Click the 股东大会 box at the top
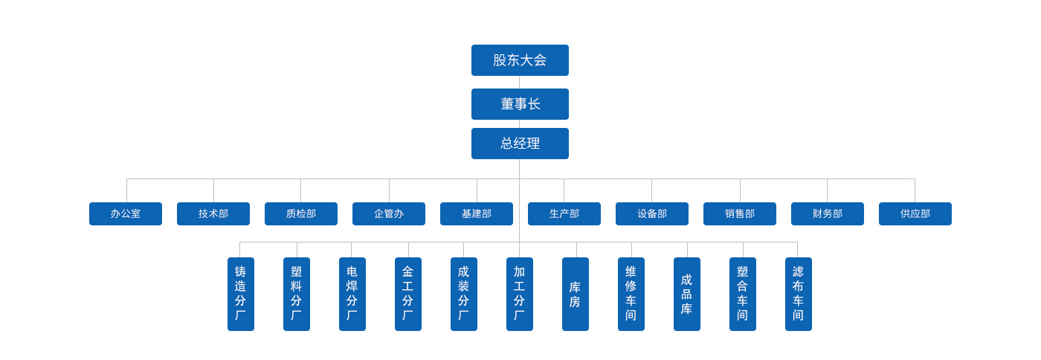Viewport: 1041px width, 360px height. [x=520, y=60]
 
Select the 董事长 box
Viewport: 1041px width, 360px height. [x=520, y=104]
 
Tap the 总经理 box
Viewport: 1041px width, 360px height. [x=520, y=144]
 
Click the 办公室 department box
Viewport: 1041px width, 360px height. [x=126, y=214]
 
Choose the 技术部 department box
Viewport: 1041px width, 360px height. [x=213, y=214]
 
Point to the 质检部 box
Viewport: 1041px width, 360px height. [x=301, y=214]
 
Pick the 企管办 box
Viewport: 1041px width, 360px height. [x=389, y=214]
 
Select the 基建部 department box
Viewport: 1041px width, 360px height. [x=477, y=214]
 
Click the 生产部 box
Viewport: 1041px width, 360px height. [x=564, y=214]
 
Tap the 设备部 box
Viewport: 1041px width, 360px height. [x=652, y=214]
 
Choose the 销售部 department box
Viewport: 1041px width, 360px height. [x=740, y=214]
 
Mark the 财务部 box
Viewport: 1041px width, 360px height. [x=828, y=214]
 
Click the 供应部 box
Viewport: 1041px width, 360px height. [x=915, y=214]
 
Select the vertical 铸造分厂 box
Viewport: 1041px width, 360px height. [x=241, y=294]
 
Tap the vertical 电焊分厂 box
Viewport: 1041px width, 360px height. [x=352, y=294]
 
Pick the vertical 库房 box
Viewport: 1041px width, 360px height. [x=576, y=294]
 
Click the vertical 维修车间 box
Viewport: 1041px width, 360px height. [x=631, y=294]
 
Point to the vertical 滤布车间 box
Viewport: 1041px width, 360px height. [x=799, y=294]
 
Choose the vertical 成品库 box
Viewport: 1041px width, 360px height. [x=687, y=294]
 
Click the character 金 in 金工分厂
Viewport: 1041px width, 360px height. [x=408, y=271]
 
